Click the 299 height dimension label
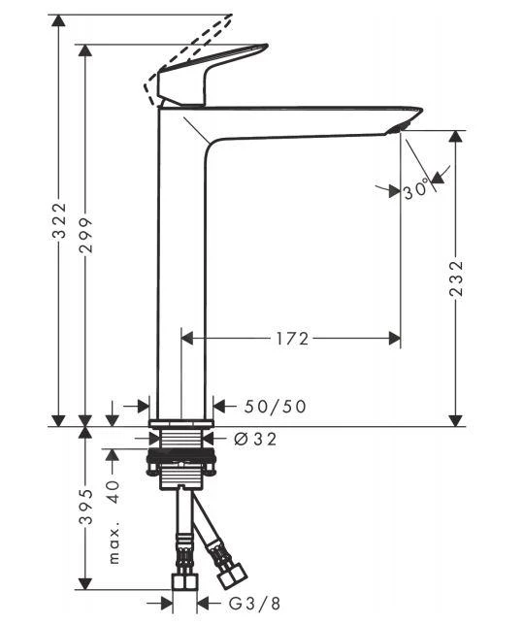pos(86,234)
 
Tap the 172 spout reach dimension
pos(290,339)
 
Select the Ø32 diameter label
pos(256,439)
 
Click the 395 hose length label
pos(86,506)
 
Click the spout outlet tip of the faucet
pos(401,126)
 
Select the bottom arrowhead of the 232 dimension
pos(457,418)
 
